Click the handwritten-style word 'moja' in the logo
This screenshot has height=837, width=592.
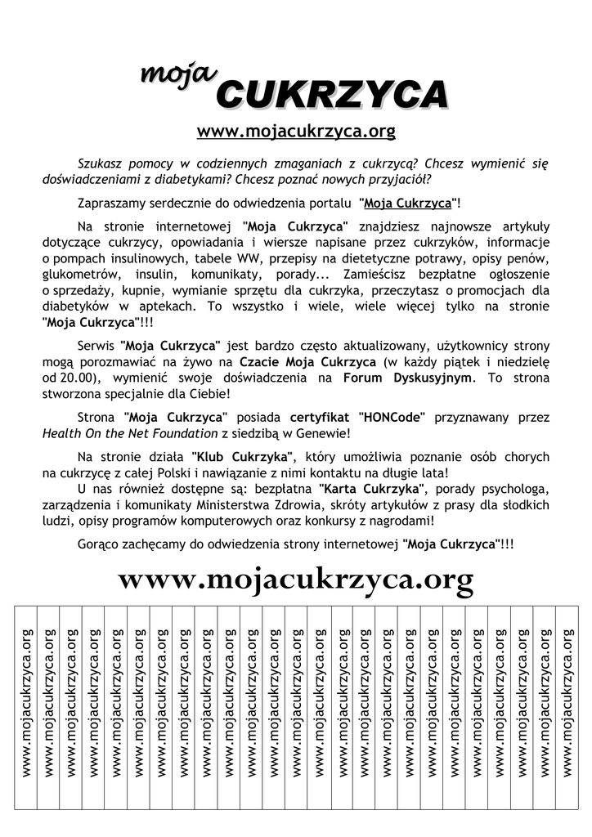coord(177,74)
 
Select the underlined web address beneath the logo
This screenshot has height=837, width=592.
coord(296,130)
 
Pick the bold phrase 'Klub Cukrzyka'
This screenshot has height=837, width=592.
coord(246,456)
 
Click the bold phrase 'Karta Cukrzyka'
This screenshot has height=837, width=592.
coord(385,489)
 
